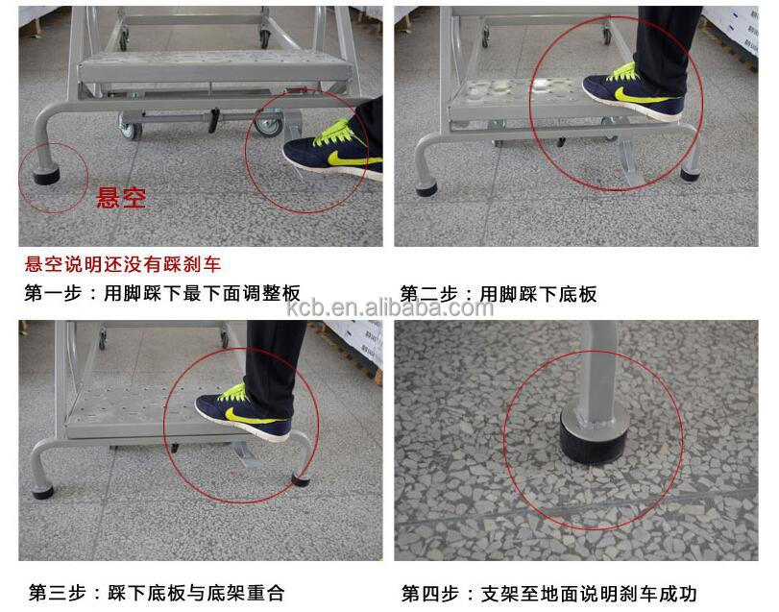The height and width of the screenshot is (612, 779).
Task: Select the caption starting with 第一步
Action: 163,293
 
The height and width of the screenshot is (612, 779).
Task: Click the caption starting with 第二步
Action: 499,293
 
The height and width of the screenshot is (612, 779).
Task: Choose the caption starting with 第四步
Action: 548,592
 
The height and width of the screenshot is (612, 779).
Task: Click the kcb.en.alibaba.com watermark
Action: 389,307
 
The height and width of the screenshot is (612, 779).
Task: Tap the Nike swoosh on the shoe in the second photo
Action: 640,95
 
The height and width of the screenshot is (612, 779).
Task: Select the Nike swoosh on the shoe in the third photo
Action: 238,414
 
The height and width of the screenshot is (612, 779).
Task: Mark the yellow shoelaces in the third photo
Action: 231,392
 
